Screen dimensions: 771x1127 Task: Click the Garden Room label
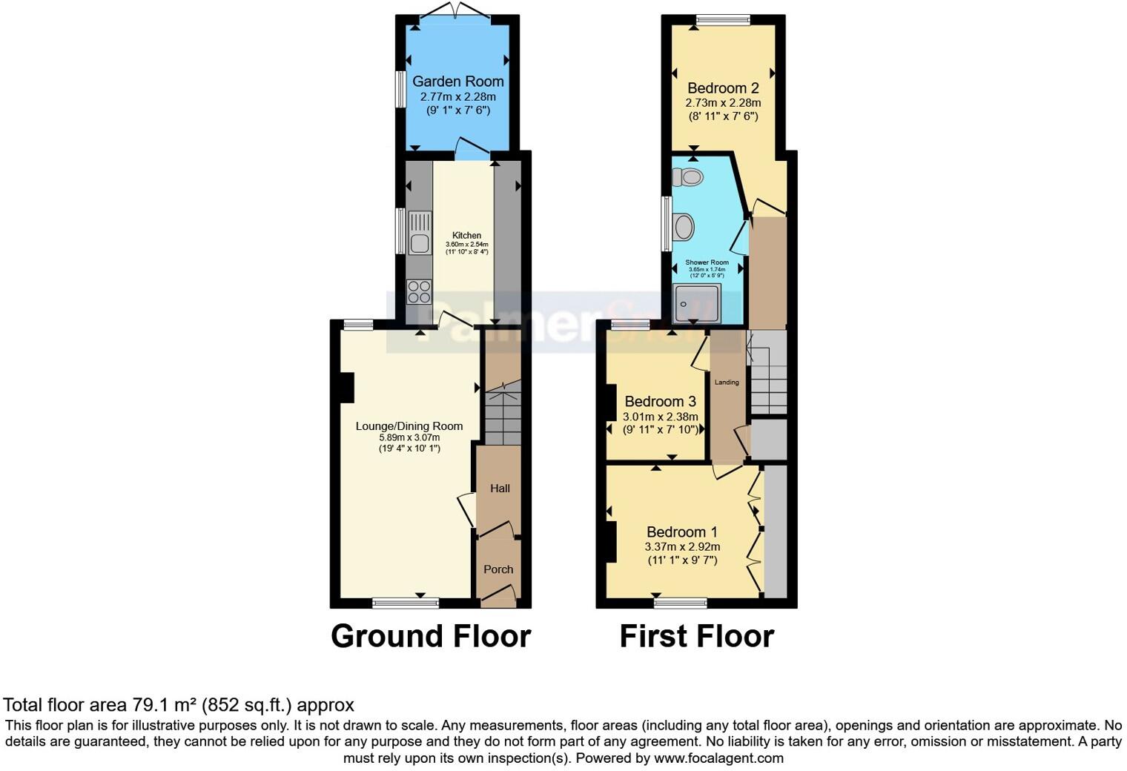coord(457,82)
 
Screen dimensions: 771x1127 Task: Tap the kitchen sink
coord(420,232)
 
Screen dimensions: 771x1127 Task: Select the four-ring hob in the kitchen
coord(419,291)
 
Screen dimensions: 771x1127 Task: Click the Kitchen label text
coord(467,235)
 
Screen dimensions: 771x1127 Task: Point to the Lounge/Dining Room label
coord(409,426)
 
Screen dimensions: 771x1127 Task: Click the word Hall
coord(500,489)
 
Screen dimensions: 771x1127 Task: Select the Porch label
coord(498,569)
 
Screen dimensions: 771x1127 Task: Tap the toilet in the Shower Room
coord(688,177)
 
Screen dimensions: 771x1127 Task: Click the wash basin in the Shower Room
coord(683,227)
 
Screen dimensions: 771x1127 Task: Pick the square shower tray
coord(697,303)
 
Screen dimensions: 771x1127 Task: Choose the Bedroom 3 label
coord(660,402)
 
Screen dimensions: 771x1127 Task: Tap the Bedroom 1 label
coord(681,532)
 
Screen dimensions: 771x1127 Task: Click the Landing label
coord(727,383)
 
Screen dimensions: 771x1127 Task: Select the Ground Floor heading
coord(431,636)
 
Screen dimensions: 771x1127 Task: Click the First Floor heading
coord(696,636)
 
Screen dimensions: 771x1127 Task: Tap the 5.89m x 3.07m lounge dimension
coord(409,437)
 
